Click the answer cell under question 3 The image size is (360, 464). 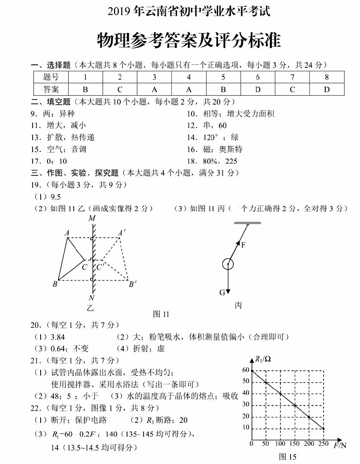[154, 89]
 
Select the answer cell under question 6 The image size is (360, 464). [258, 89]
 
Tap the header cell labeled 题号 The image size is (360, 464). [51, 77]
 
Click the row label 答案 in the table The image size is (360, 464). [51, 89]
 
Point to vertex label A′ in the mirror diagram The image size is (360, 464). [122, 233]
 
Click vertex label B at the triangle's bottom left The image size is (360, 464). [55, 284]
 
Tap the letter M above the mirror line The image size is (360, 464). [91, 219]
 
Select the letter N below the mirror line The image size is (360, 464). [91, 297]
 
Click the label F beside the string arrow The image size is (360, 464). [244, 245]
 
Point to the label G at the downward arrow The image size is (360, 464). [222, 292]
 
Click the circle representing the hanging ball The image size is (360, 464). [228, 265]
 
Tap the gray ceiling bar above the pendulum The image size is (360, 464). [247, 222]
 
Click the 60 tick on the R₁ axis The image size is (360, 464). [246, 370]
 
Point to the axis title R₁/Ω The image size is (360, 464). [263, 359]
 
